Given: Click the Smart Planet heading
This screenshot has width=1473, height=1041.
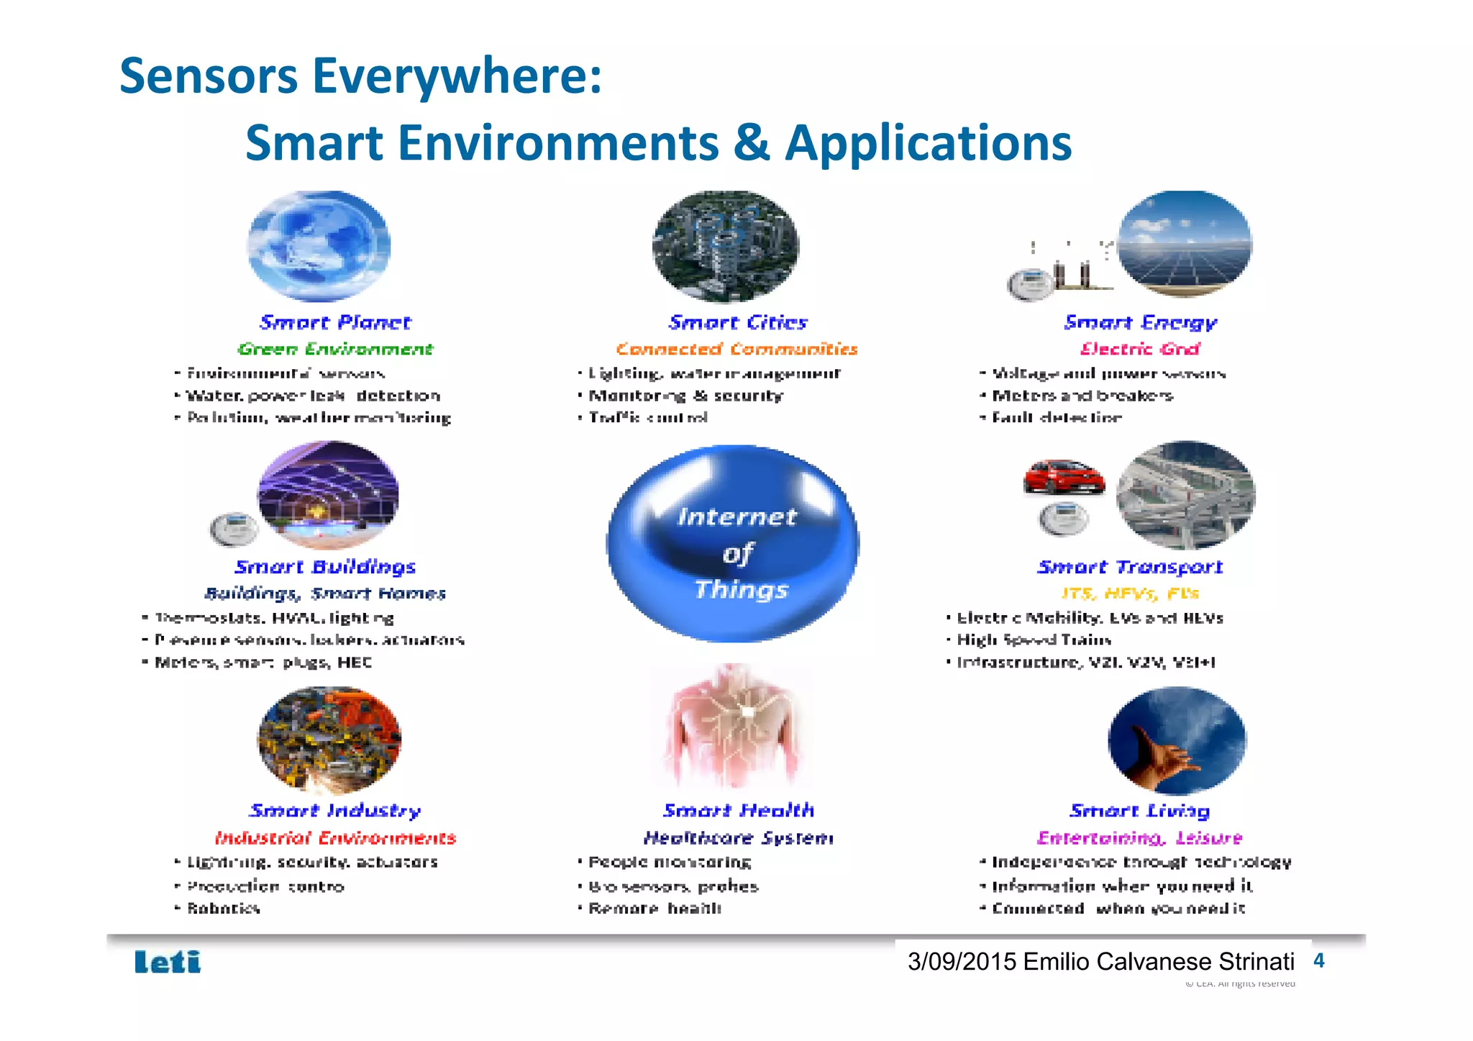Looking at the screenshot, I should (x=335, y=322).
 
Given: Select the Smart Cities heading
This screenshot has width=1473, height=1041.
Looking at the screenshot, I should (x=738, y=322).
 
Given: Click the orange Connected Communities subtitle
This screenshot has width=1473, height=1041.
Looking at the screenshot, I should (x=736, y=349).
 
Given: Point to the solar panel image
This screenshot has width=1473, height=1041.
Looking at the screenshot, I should (x=1185, y=243).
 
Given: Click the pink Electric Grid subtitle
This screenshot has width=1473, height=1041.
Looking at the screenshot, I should (x=1140, y=349).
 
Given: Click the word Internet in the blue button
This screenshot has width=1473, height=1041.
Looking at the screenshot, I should (x=737, y=517).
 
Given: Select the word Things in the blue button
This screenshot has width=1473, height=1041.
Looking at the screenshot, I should (x=742, y=590).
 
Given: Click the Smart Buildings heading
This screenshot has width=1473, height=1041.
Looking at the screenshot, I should (x=325, y=567).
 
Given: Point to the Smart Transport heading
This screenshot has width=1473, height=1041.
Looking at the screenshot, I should (x=1130, y=567).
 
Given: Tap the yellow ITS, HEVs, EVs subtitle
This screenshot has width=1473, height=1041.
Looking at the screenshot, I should (x=1130, y=594).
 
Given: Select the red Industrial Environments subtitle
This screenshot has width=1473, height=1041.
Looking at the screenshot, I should (x=335, y=838).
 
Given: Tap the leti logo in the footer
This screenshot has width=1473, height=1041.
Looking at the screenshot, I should (x=168, y=962).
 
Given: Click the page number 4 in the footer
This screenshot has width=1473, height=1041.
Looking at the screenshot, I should (x=1318, y=961).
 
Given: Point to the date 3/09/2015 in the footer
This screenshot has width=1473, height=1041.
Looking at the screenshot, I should (x=962, y=962).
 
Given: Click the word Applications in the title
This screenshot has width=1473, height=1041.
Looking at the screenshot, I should (x=928, y=142).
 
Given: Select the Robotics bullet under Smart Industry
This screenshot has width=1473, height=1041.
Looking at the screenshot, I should (x=223, y=909).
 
